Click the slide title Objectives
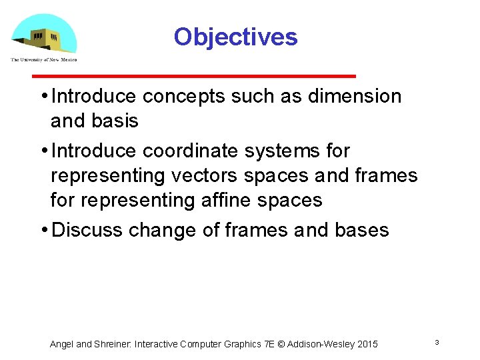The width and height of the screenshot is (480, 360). [235, 37]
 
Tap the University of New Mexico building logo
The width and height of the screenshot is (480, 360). [44, 34]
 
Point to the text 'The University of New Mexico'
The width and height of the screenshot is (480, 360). [44, 59]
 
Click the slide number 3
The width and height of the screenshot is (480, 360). [437, 342]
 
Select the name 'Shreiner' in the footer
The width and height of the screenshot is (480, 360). [113, 344]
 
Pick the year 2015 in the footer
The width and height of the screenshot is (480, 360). [367, 344]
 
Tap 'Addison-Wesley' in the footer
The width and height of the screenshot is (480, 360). [321, 344]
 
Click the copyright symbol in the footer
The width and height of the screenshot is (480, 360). [281, 344]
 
